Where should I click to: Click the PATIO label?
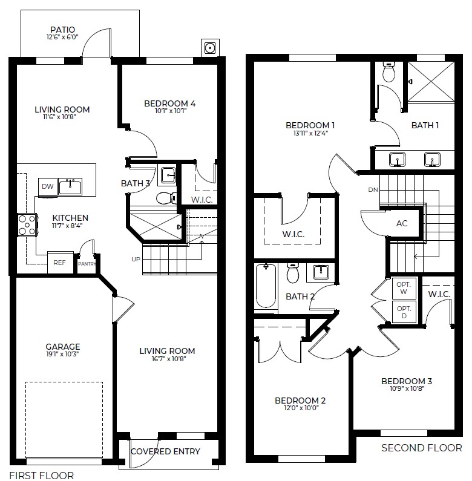tap(63, 29)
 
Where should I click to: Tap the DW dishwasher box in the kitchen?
tap(47, 187)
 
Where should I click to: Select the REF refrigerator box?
tap(59, 263)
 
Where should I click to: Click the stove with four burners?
tap(26, 224)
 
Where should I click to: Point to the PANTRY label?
tap(87, 263)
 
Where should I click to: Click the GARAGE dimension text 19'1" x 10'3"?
tap(62, 353)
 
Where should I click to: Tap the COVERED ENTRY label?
tap(165, 451)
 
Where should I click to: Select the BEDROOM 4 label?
tap(169, 103)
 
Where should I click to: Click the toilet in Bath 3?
tap(165, 198)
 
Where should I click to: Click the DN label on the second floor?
tap(373, 190)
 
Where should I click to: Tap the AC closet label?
tap(402, 223)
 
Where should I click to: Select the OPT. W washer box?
tap(403, 289)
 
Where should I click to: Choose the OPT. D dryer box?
tap(403, 312)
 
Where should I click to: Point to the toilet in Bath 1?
tap(389, 73)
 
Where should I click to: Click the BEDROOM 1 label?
tap(310, 125)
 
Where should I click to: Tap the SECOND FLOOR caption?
tap(421, 448)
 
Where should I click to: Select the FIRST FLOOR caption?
tap(42, 476)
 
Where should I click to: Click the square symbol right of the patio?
tap(210, 47)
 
